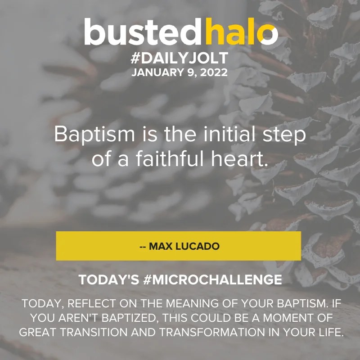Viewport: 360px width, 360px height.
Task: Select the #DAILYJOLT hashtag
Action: pyautogui.click(x=180, y=59)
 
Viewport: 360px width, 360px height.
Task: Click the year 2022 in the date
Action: pyautogui.click(x=212, y=72)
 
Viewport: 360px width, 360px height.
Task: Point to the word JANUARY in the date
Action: pyautogui.click(x=152, y=72)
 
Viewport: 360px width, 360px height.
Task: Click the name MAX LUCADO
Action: pyautogui.click(x=184, y=246)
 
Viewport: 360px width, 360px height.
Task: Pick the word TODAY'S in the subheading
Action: pyautogui.click(x=105, y=280)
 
